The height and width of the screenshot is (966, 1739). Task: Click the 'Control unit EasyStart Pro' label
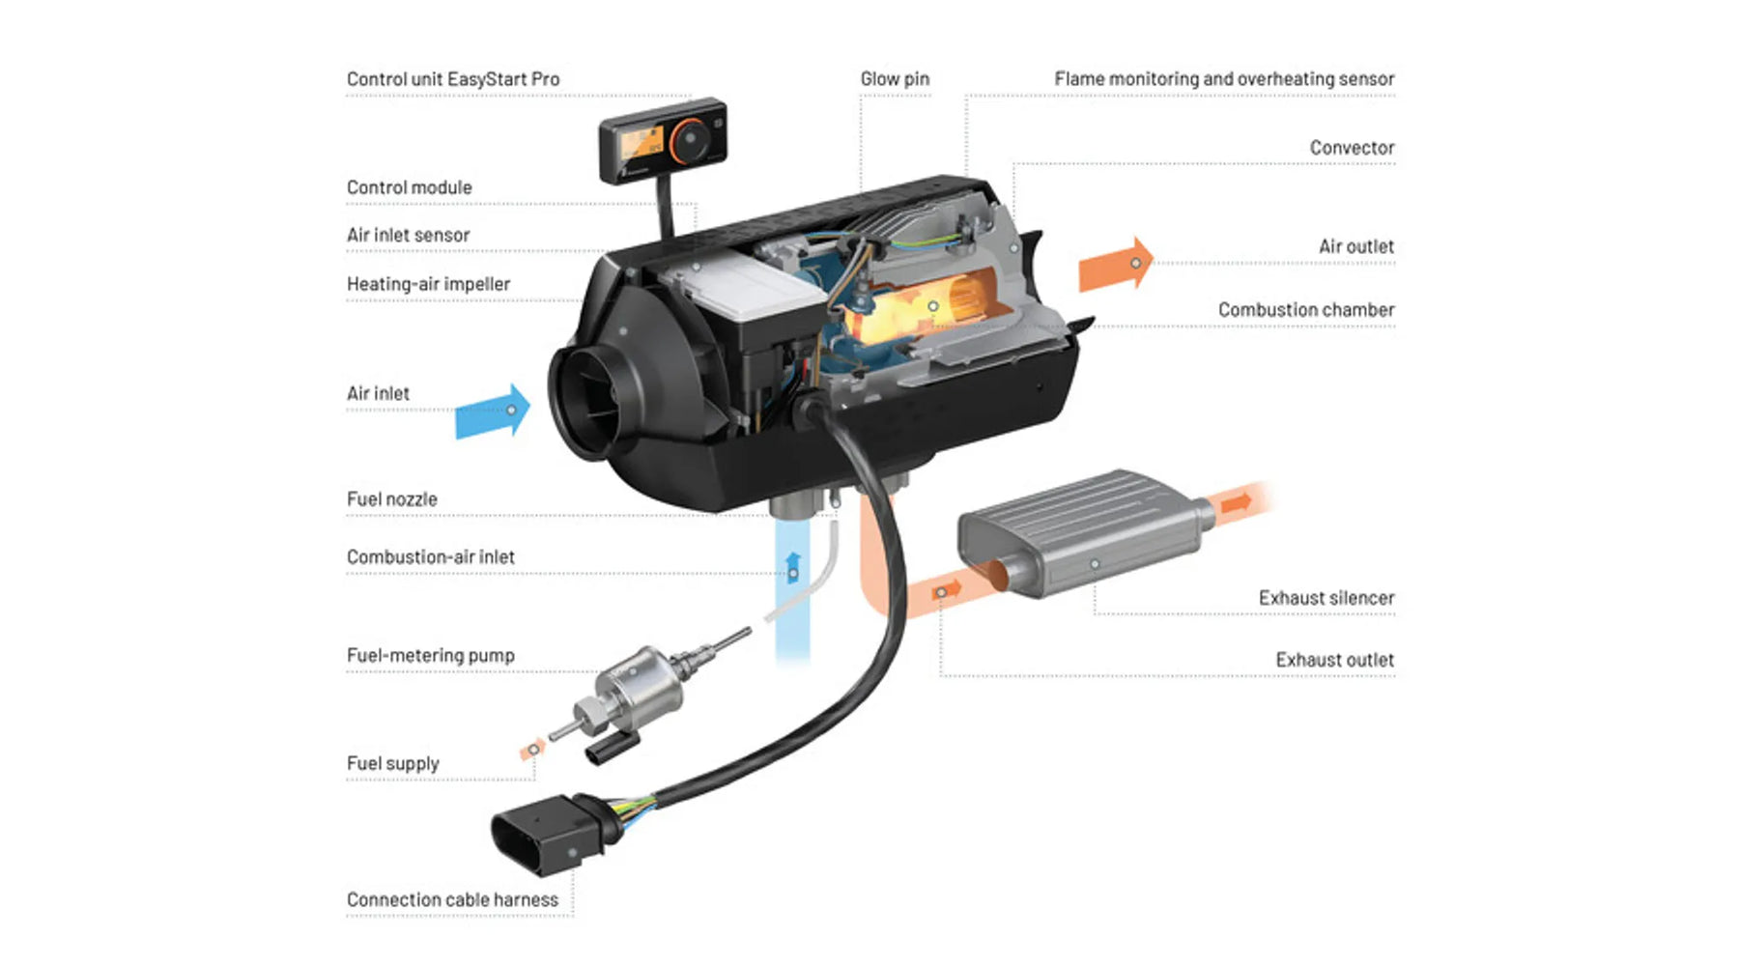coord(452,79)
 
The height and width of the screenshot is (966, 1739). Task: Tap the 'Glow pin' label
coord(895,79)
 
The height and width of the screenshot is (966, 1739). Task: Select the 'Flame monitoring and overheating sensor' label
coord(1223,79)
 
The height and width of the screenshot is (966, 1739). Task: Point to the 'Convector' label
coord(1352,148)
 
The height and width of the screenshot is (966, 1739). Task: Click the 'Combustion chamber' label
coord(1305,310)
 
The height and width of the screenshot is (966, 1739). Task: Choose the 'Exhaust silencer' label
coord(1326,598)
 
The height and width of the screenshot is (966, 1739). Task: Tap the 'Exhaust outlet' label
coord(1334,660)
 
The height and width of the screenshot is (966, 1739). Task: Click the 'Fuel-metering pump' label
coord(430,655)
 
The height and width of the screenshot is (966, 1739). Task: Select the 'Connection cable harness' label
coord(452,899)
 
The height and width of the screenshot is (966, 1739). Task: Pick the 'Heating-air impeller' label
coord(428,284)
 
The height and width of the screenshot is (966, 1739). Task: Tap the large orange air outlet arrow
coord(1116,264)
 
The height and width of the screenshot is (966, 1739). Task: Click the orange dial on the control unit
coord(690,139)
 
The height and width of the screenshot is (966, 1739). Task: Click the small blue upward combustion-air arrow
coord(793,567)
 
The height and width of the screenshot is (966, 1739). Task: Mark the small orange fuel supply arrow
coord(532,750)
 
